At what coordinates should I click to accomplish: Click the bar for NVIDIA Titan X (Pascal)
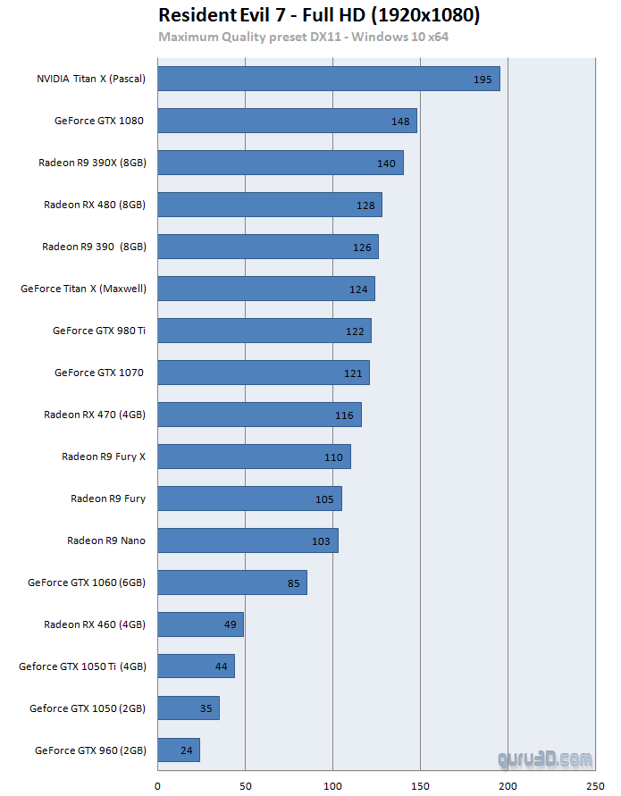pos(328,79)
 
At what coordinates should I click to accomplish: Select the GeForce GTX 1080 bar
pos(287,121)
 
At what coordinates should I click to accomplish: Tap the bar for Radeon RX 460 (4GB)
pos(200,624)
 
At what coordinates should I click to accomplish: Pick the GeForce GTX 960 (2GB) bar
pos(179,750)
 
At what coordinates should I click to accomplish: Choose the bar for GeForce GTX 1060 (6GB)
pos(232,582)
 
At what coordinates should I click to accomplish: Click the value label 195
pos(483,80)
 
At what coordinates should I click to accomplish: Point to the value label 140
pos(386,163)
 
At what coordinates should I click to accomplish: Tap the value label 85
pos(293,582)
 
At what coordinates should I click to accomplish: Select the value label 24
pos(186,750)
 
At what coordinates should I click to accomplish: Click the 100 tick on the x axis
pos(332,785)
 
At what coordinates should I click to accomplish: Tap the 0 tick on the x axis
pos(158,785)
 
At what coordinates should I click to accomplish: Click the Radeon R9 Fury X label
pos(104,457)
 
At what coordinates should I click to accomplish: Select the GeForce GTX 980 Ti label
pos(99,331)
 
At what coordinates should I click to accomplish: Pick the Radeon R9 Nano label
pos(106,540)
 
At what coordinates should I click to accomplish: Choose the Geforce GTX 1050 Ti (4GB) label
pos(82,666)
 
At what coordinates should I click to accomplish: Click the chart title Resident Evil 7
pos(319,15)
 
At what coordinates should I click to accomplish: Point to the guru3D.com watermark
pos(545,760)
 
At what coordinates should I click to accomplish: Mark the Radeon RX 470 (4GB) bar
pos(259,415)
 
